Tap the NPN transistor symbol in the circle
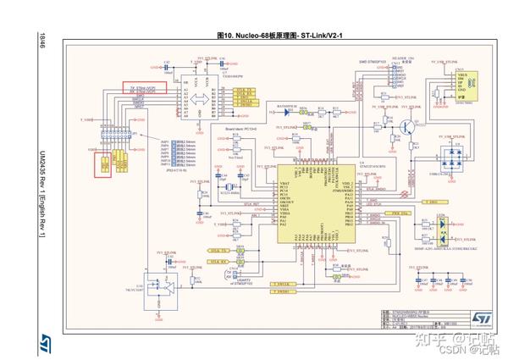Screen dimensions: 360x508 click(409, 127)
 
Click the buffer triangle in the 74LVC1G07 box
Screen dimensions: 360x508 click(168, 291)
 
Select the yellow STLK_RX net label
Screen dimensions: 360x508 click(217, 263)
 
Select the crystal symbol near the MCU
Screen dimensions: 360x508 click(227, 186)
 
